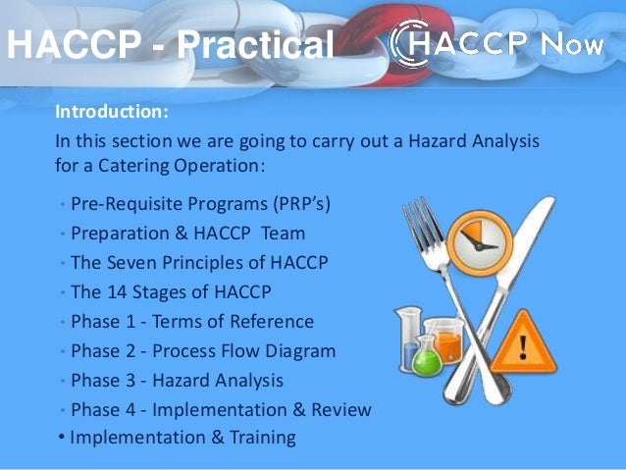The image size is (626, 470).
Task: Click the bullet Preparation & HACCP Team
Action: point(187,234)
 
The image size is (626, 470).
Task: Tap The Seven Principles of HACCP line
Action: point(199,263)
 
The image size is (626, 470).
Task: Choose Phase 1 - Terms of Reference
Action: point(192,321)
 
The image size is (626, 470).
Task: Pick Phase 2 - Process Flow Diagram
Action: point(203,350)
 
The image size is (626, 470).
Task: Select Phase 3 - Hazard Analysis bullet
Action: point(177,380)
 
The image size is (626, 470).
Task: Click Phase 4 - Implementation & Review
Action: point(221,409)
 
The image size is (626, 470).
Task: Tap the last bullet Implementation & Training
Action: point(183,438)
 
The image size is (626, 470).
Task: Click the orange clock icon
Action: point(482,236)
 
